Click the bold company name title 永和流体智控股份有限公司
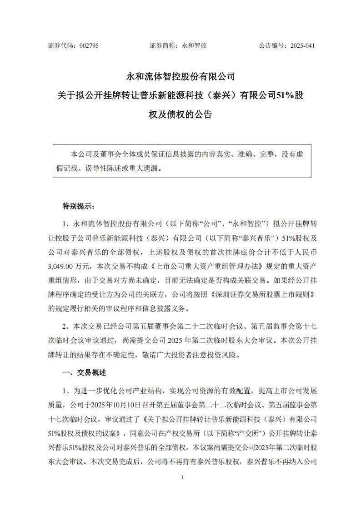point(180,76)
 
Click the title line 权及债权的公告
point(180,114)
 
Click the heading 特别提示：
point(79,206)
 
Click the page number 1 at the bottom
point(182,477)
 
